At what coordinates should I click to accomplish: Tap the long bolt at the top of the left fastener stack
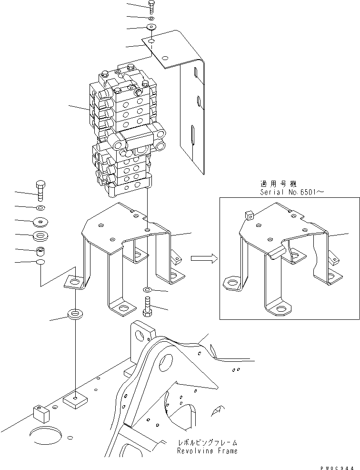coord(40,191)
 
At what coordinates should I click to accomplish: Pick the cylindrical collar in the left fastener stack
coord(40,251)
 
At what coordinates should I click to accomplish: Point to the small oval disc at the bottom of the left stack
coord(41,263)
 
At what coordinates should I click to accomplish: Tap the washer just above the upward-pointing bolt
coord(147,290)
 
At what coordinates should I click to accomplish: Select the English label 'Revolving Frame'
coord(207,450)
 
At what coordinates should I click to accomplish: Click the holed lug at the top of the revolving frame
coord(142,335)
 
